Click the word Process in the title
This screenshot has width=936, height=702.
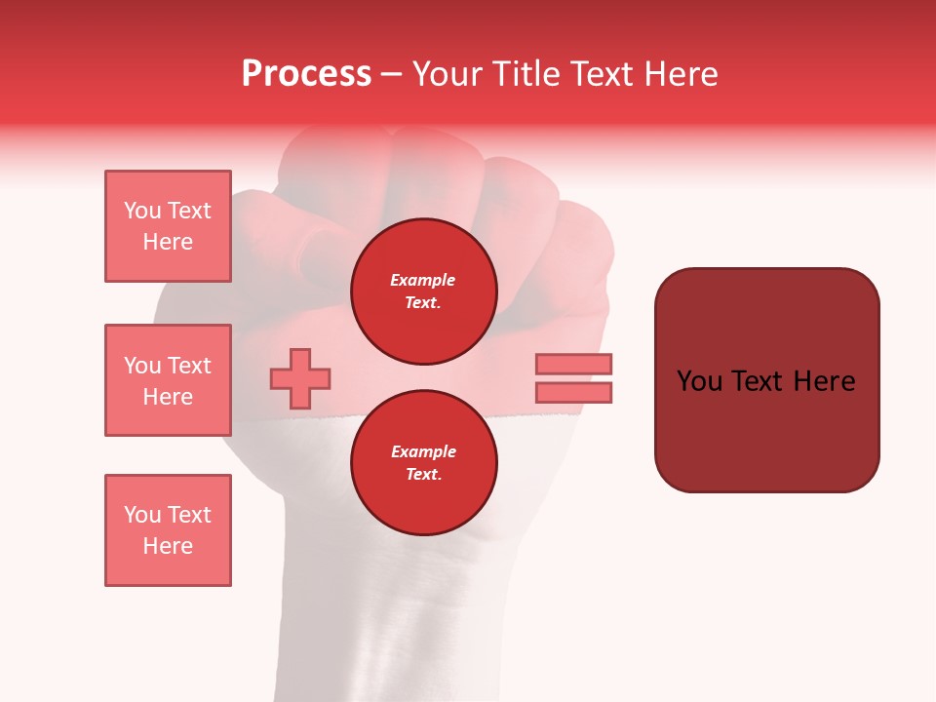click(x=306, y=74)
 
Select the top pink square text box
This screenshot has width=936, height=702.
click(x=168, y=226)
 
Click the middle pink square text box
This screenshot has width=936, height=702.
click(x=168, y=380)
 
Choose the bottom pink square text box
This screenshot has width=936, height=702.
click(x=168, y=530)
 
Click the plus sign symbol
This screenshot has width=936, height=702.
click(x=300, y=378)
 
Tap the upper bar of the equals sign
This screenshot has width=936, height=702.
click(x=573, y=364)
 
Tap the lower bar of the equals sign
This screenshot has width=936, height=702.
click(x=573, y=392)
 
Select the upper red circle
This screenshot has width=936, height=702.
click(x=423, y=292)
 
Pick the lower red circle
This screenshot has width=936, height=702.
click(x=423, y=463)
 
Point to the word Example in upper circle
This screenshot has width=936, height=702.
click(x=423, y=280)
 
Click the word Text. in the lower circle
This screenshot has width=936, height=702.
click(x=423, y=475)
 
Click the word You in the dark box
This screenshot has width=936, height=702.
click(x=701, y=381)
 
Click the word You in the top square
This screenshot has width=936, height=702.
click(x=143, y=211)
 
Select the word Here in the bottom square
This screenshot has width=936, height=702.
click(x=168, y=546)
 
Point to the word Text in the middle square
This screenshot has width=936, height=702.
click(x=189, y=366)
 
